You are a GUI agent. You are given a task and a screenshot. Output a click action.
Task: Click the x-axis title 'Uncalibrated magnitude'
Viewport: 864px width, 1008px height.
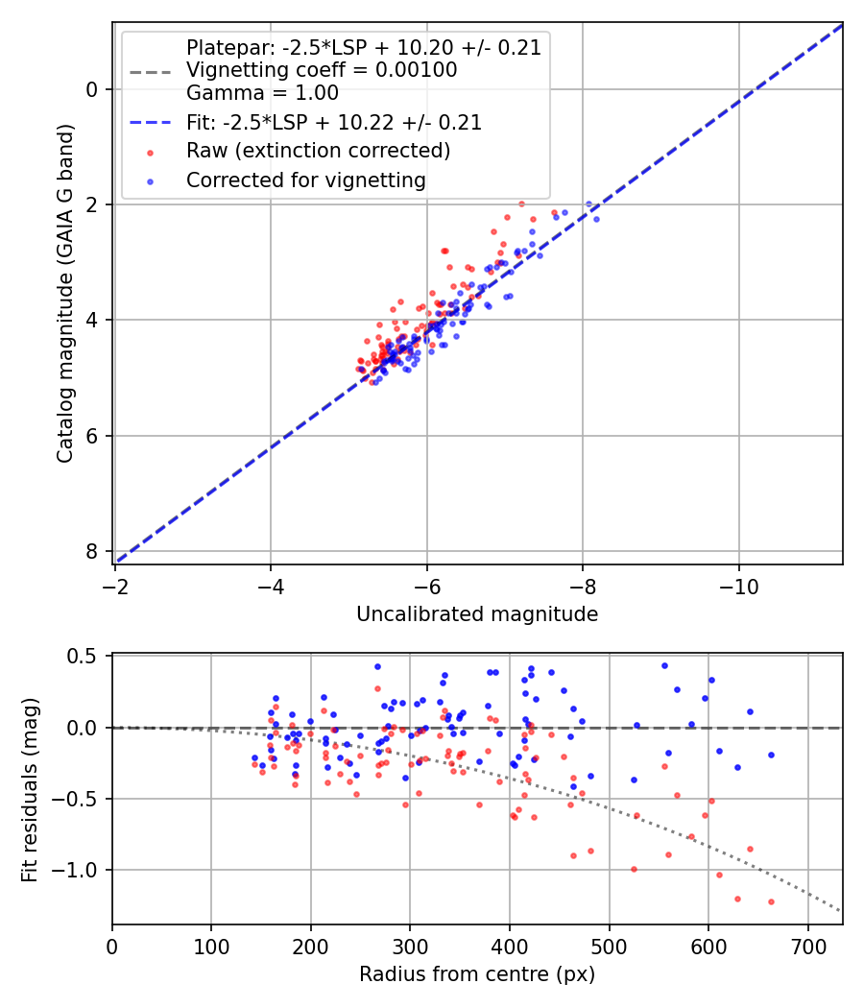pos(477,614)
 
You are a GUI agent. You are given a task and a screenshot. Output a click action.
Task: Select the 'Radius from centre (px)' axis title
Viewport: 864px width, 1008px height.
pos(477,974)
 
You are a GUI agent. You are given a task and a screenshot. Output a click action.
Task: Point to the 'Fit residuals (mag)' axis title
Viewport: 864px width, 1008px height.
pos(30,787)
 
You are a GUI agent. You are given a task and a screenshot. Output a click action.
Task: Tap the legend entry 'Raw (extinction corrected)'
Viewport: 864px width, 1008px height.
pos(318,151)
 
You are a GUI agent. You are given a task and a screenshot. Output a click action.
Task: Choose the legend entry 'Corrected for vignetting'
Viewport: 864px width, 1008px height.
pos(306,180)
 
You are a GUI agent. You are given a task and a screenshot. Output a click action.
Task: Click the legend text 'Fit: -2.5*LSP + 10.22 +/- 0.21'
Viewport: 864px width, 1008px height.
pos(334,123)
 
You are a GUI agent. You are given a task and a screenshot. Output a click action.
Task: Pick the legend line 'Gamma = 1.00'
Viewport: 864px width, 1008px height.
pos(262,93)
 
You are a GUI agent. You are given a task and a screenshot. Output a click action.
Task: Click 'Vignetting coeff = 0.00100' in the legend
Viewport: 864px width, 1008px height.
pos(322,70)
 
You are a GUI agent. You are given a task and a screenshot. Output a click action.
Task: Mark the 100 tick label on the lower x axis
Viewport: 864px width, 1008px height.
pos(211,947)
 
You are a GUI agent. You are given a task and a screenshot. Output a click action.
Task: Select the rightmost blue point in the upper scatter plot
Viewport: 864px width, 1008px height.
pos(596,219)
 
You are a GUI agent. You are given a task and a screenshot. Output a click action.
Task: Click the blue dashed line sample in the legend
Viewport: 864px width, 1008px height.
pos(150,123)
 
